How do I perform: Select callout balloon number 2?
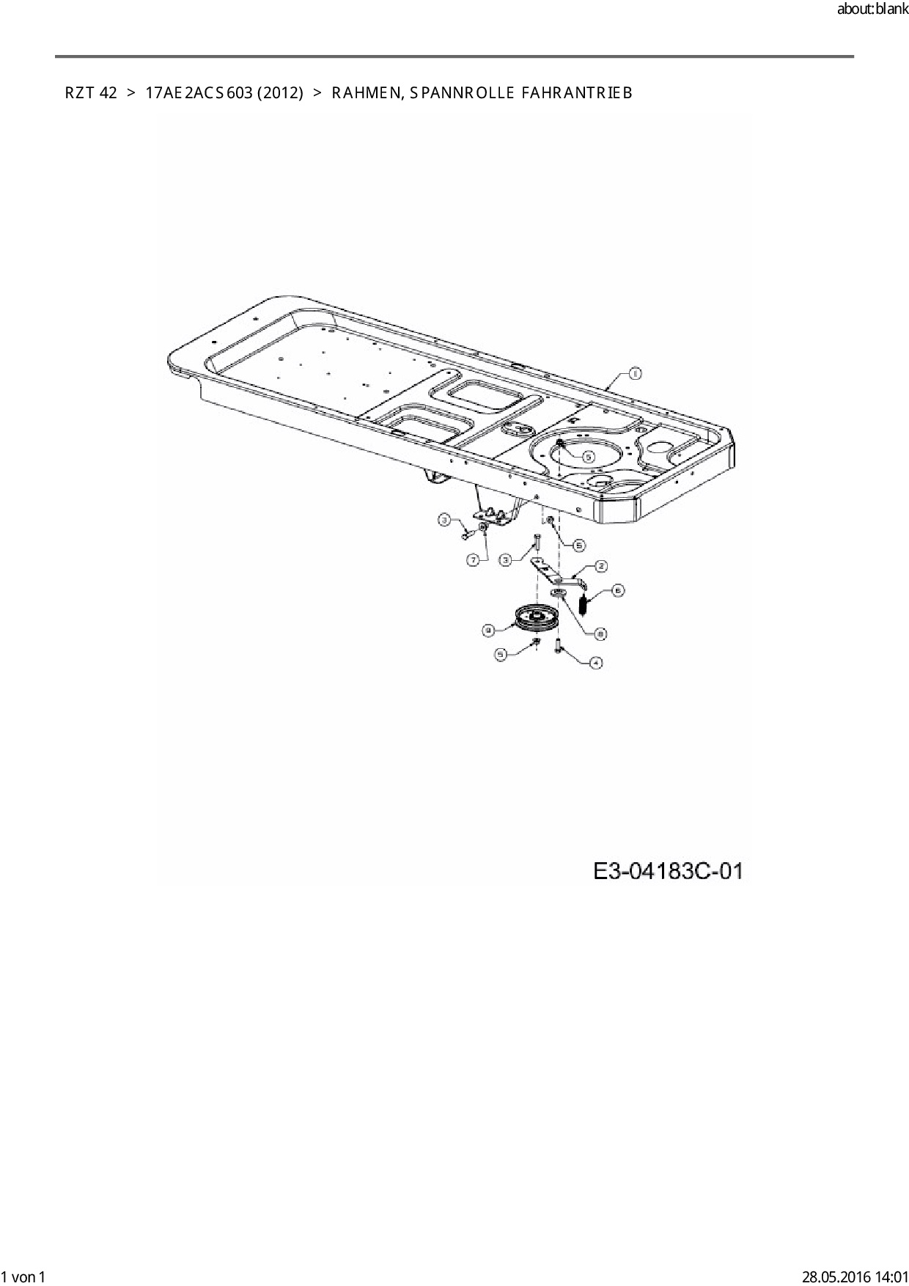tap(601, 566)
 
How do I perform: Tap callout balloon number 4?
tap(596, 663)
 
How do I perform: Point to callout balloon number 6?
tap(618, 589)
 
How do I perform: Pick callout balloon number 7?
tap(474, 559)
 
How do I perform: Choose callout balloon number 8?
tap(601, 633)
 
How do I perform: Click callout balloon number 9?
tap(489, 629)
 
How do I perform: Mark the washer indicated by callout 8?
tap(557, 592)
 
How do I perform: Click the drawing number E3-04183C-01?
tap(668, 872)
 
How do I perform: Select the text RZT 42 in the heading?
tap(91, 93)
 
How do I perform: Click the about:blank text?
tap(872, 11)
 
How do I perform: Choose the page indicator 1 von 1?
tap(23, 1276)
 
